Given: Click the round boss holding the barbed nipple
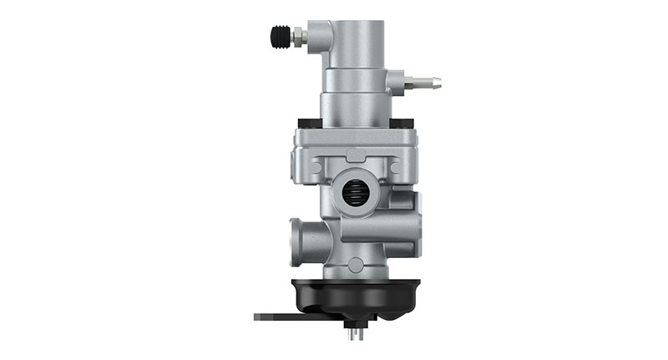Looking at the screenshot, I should pyautogui.click(x=395, y=82).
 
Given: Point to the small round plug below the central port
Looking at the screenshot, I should pyautogui.click(x=357, y=265).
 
